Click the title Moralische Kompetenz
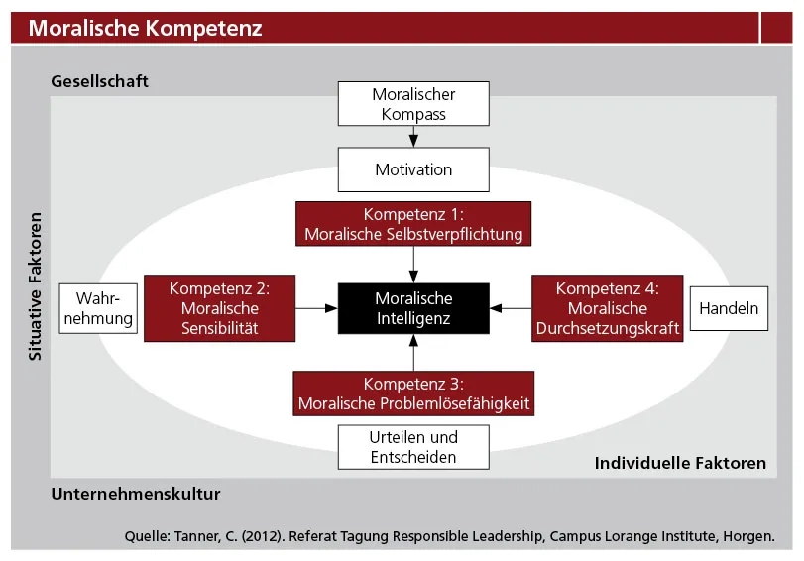(145, 28)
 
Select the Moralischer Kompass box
(413, 104)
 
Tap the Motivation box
(413, 169)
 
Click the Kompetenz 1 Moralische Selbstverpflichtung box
(413, 224)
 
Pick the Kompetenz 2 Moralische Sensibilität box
(219, 308)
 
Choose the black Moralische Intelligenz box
(413, 308)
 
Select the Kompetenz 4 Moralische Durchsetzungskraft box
(607, 308)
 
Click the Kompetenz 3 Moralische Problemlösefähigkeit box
(413, 393)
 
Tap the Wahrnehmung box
(98, 308)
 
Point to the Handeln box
(729, 308)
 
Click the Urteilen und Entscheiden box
(413, 447)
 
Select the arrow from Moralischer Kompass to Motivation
(413, 137)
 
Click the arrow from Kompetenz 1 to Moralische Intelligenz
(413, 265)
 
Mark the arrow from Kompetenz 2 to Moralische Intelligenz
(316, 308)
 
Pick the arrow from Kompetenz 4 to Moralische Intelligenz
(511, 308)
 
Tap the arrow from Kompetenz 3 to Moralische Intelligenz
(413, 353)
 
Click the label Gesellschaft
(99, 81)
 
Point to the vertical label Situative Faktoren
(35, 286)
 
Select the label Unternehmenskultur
(136, 494)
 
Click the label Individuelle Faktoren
(680, 463)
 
